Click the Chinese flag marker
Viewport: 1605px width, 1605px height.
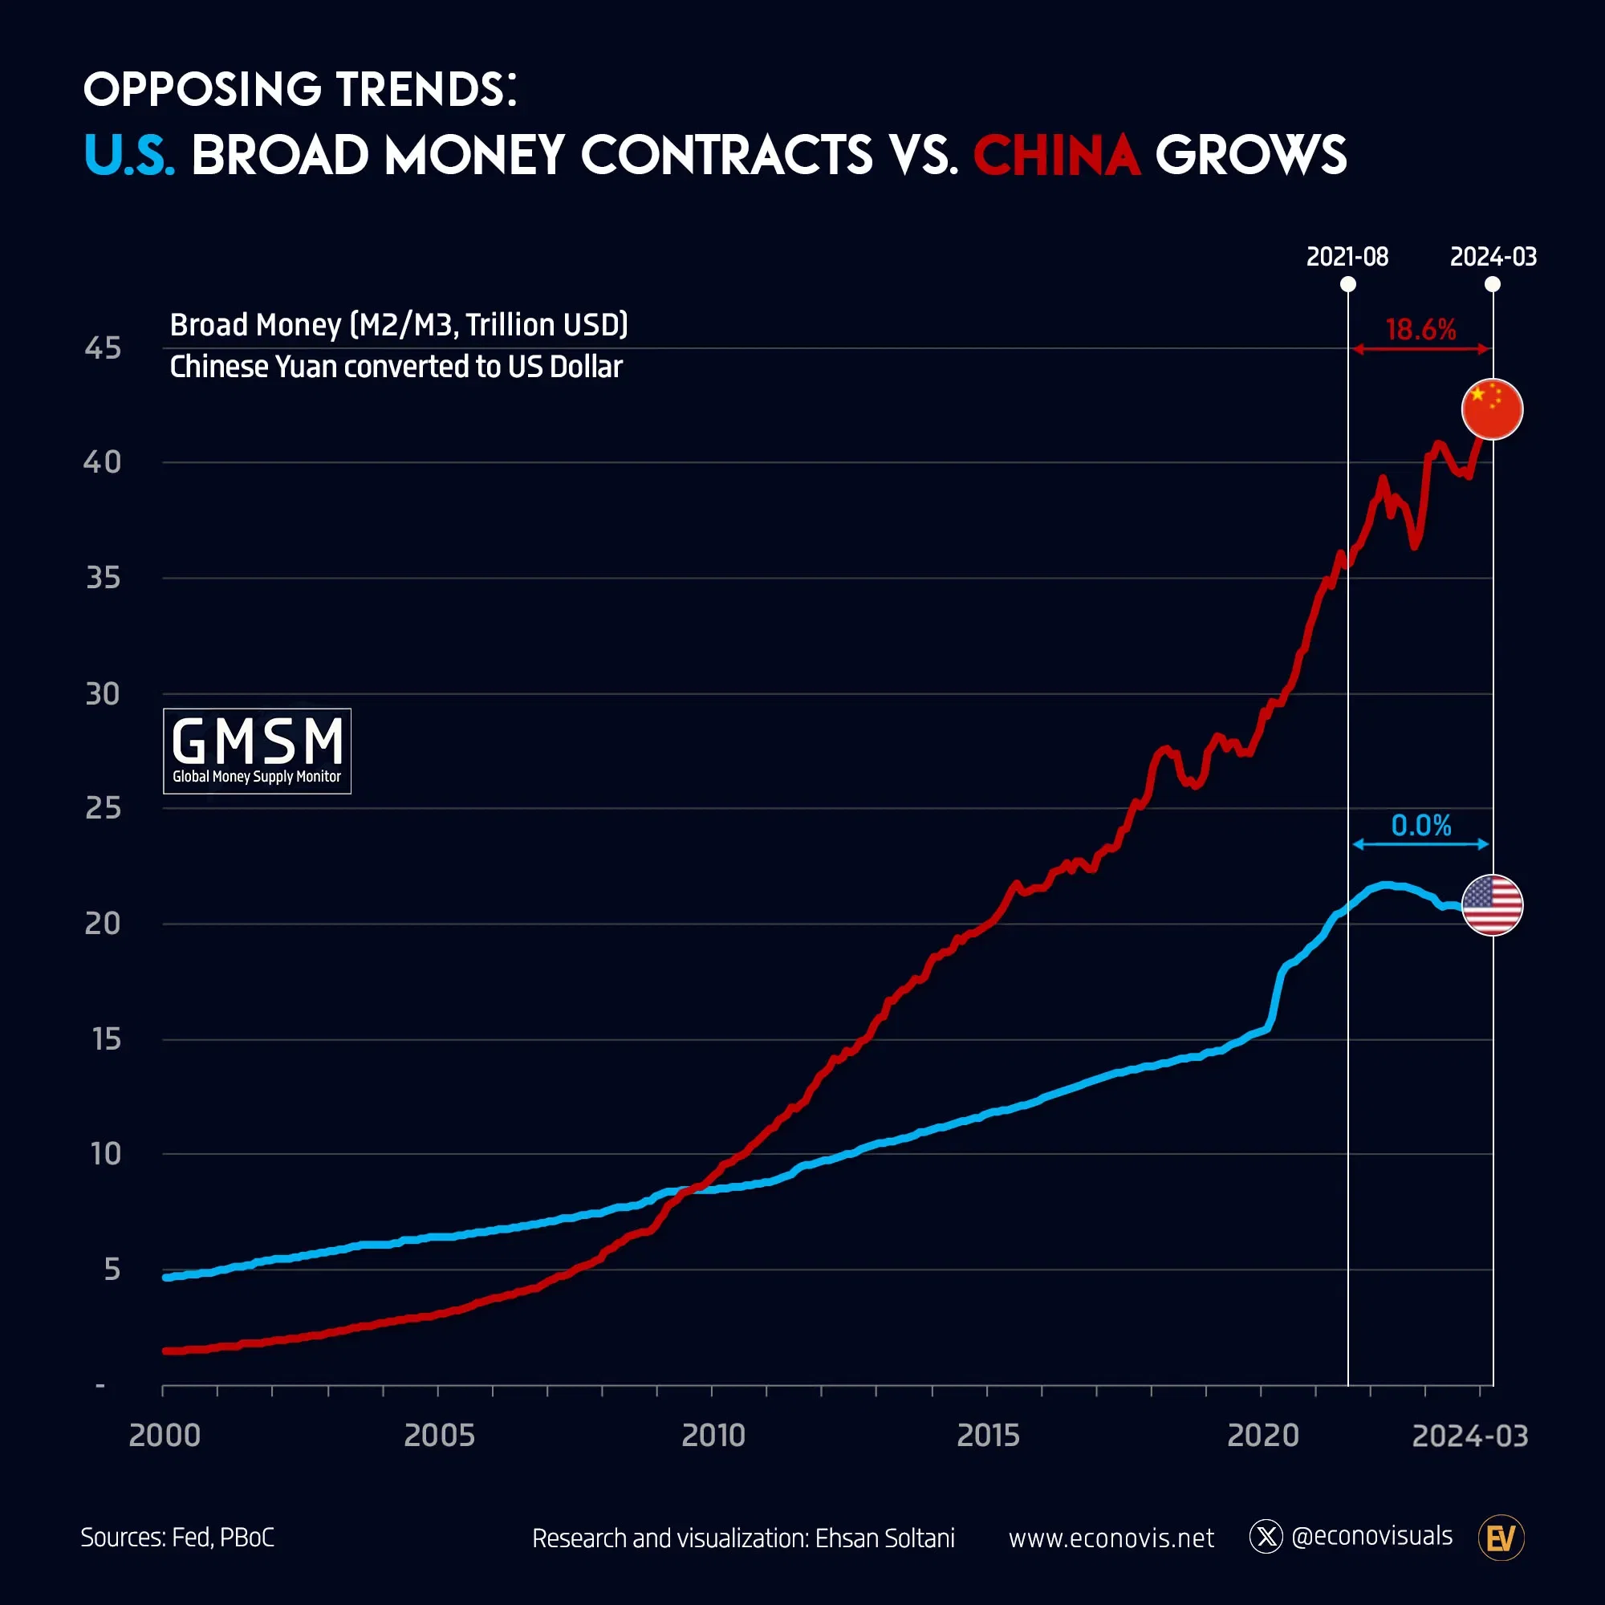(1492, 408)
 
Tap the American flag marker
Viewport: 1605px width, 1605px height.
(1492, 904)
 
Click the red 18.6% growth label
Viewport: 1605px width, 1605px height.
(1420, 330)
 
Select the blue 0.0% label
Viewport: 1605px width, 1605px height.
(1420, 826)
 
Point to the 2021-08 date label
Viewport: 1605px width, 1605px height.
(1347, 257)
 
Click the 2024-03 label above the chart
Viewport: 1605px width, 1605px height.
(1493, 257)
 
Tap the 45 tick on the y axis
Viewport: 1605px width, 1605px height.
(103, 348)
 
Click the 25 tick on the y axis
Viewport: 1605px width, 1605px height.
(103, 807)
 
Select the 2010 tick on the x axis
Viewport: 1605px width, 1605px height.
(713, 1436)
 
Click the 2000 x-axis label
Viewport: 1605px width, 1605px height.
(165, 1436)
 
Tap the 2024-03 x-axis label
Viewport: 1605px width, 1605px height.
(1469, 1436)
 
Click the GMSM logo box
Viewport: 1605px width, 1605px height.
(257, 751)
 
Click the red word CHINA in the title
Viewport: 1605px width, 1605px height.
(1056, 156)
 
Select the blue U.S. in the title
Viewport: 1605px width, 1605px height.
(128, 156)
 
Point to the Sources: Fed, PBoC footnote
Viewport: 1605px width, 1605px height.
(177, 1538)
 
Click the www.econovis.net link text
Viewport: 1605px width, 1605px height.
(1111, 1538)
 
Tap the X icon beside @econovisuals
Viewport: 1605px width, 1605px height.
(1266, 1537)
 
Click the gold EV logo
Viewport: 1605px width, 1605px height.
(1501, 1538)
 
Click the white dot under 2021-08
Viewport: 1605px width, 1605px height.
(1348, 285)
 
